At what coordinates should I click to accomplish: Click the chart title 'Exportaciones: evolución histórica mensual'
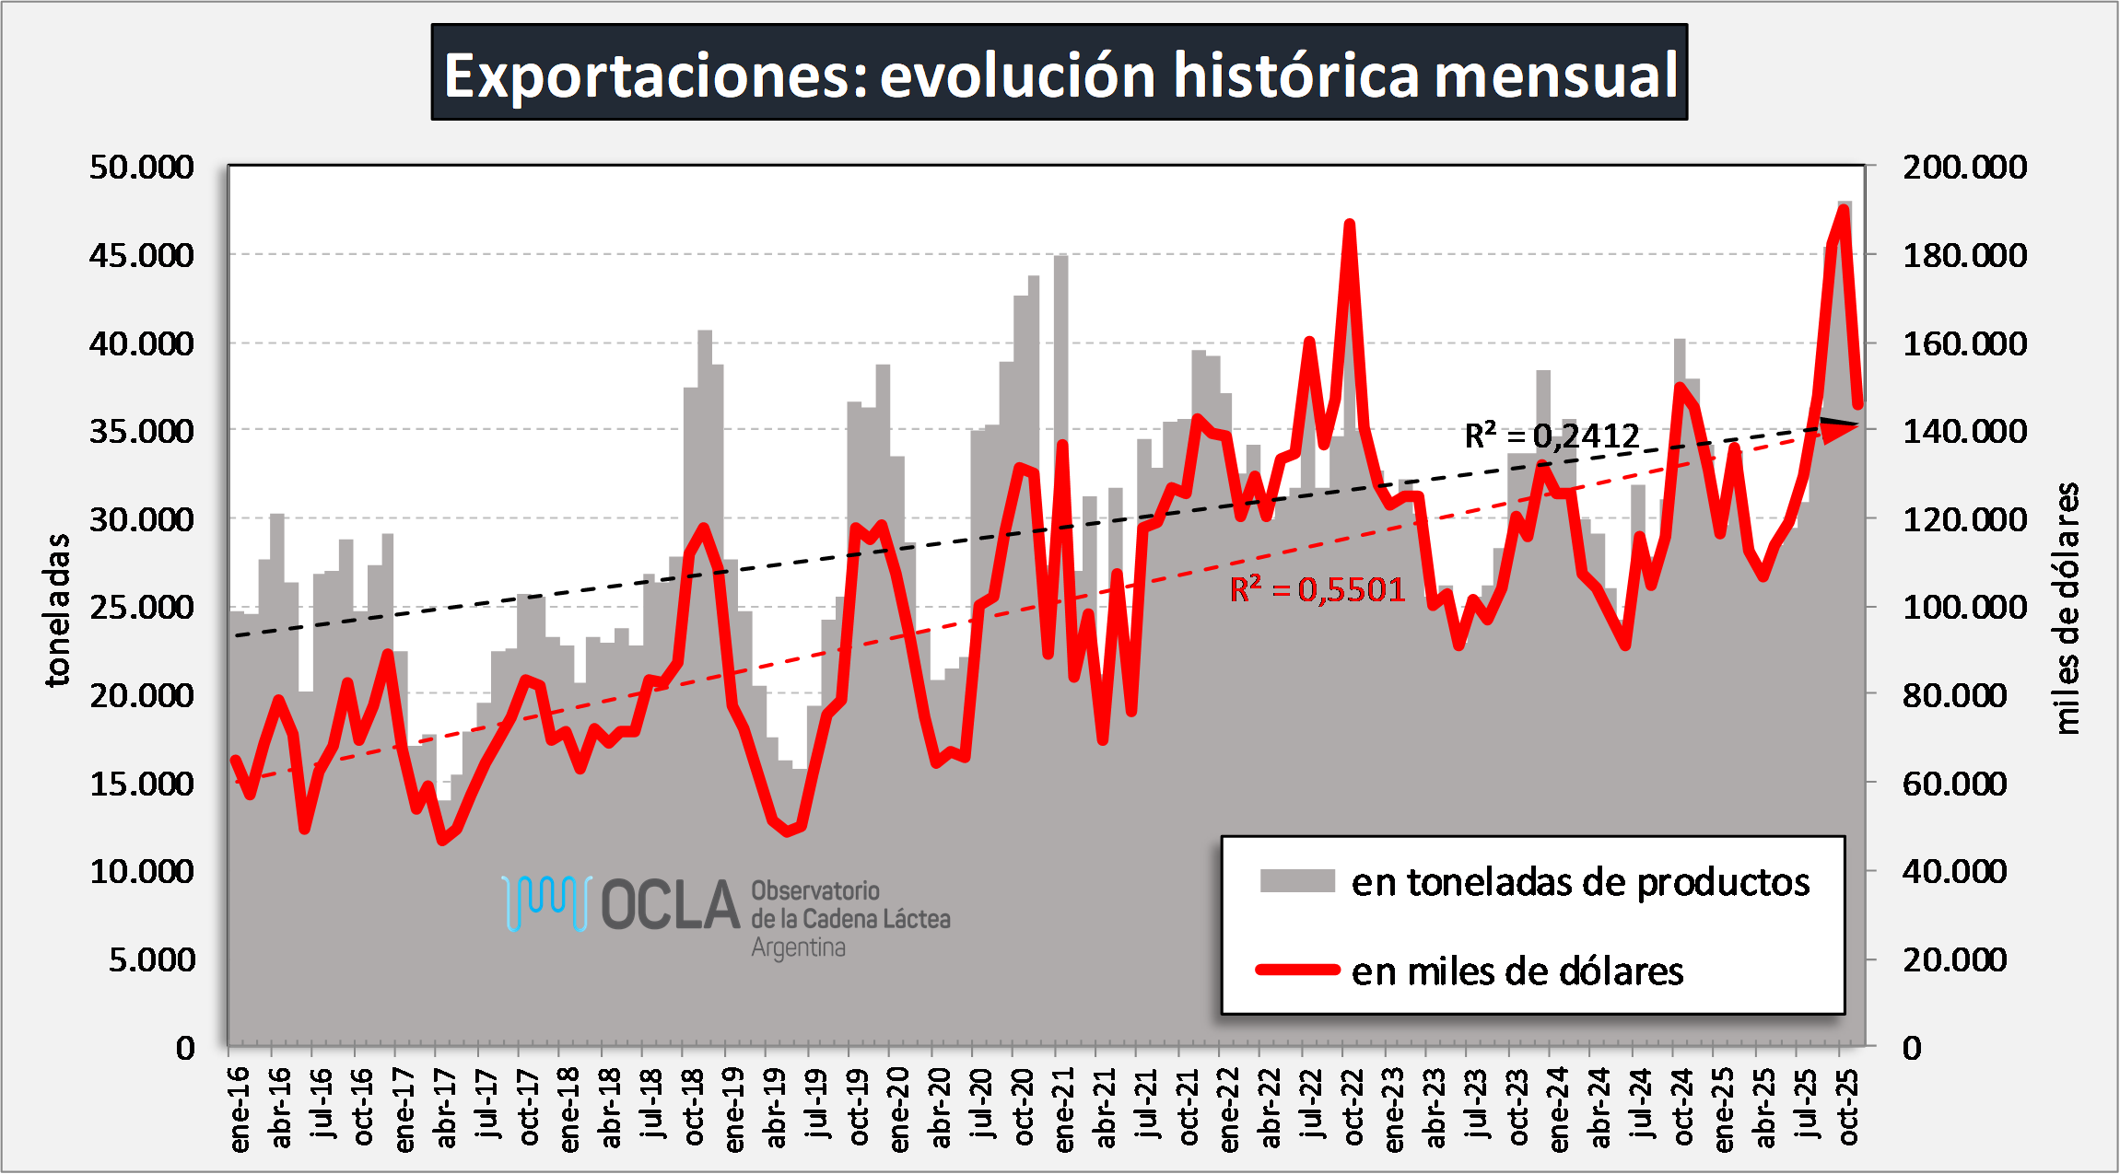1060,74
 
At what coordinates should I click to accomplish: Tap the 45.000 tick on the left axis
142,255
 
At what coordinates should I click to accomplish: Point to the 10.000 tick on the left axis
142,871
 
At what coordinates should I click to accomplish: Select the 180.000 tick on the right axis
1964,255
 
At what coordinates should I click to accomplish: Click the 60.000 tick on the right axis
1954,784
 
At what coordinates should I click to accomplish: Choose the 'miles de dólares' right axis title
2067,608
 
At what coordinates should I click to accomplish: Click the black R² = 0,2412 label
1552,436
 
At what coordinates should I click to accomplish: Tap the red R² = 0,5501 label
1318,589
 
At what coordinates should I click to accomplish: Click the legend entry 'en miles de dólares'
1517,971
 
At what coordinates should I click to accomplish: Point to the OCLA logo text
670,905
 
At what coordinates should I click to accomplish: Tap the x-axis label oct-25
1848,1109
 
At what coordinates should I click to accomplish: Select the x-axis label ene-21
1064,1109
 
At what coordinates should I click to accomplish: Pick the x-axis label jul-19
817,1109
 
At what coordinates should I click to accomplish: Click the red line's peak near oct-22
1349,225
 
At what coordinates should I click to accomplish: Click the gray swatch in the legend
1297,881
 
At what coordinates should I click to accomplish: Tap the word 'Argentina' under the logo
798,947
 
